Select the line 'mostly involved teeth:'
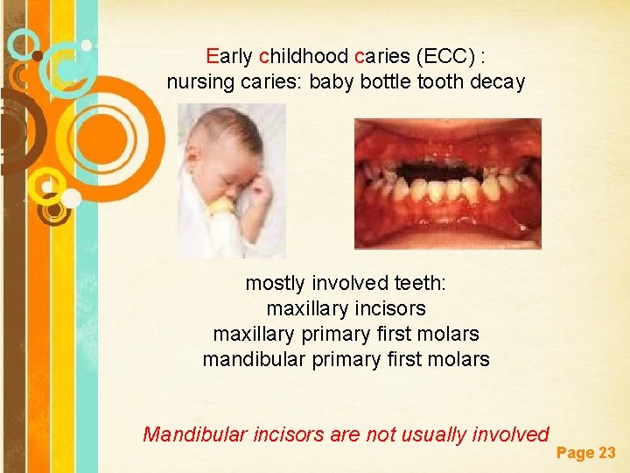coord(346,284)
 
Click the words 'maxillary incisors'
coord(346,309)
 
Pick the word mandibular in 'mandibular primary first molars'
coord(248,360)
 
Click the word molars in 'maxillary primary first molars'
coord(449,335)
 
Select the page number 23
coord(606,453)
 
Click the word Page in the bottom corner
coord(575,453)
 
